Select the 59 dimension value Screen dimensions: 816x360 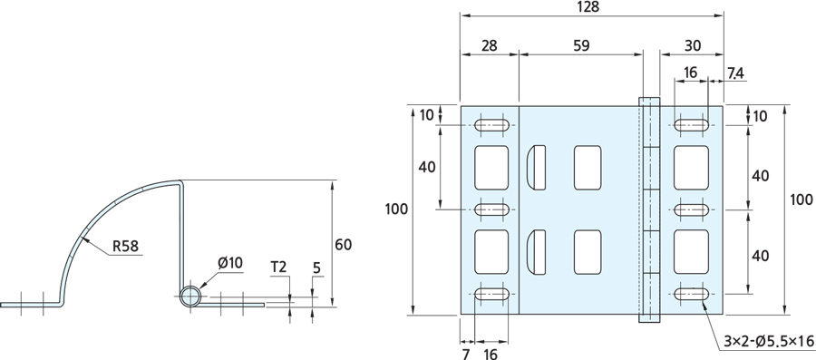(581, 45)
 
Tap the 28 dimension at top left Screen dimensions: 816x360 (490, 45)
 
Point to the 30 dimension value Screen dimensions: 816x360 (693, 45)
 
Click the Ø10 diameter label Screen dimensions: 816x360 (230, 263)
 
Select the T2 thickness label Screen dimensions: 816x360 (278, 268)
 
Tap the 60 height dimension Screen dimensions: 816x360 (344, 245)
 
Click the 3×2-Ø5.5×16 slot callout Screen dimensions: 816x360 (768, 341)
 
